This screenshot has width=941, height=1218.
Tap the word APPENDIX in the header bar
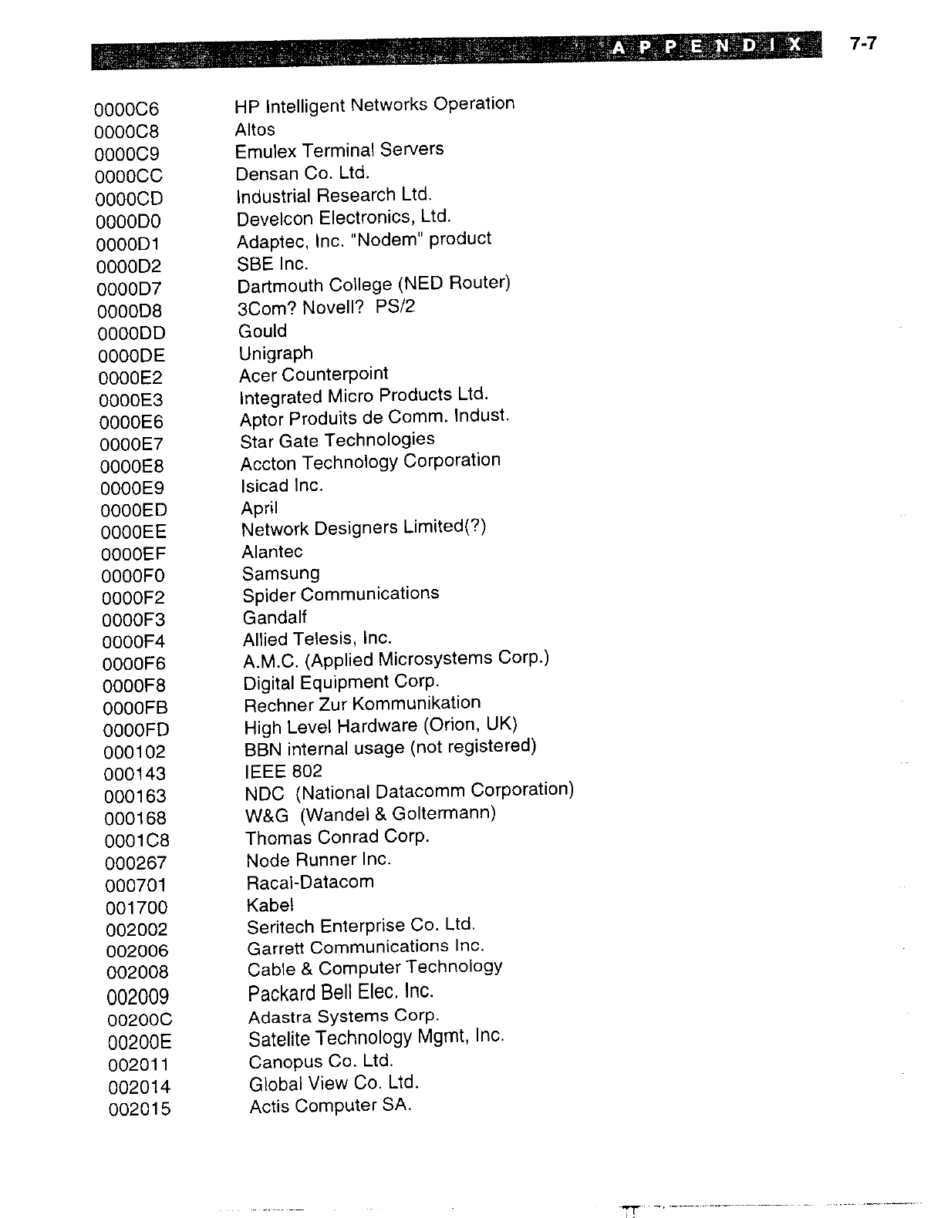tap(707, 47)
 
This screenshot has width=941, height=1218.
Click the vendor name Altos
tap(255, 130)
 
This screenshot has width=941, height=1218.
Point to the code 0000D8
tap(130, 311)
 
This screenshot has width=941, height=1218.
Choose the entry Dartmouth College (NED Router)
tap(374, 284)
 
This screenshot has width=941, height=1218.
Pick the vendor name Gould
tap(263, 331)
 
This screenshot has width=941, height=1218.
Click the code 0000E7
tap(132, 444)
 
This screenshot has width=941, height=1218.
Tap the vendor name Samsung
tap(281, 574)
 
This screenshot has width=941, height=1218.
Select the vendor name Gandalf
tap(275, 617)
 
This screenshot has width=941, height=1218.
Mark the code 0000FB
tap(135, 708)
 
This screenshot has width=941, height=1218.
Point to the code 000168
tap(136, 818)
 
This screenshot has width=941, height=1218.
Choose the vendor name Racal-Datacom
tap(310, 882)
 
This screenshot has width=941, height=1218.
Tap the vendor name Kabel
tap(270, 905)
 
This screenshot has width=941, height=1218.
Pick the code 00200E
tap(140, 1042)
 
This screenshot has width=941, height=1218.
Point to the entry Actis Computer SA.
tap(330, 1106)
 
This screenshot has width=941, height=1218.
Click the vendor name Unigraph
tap(276, 354)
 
